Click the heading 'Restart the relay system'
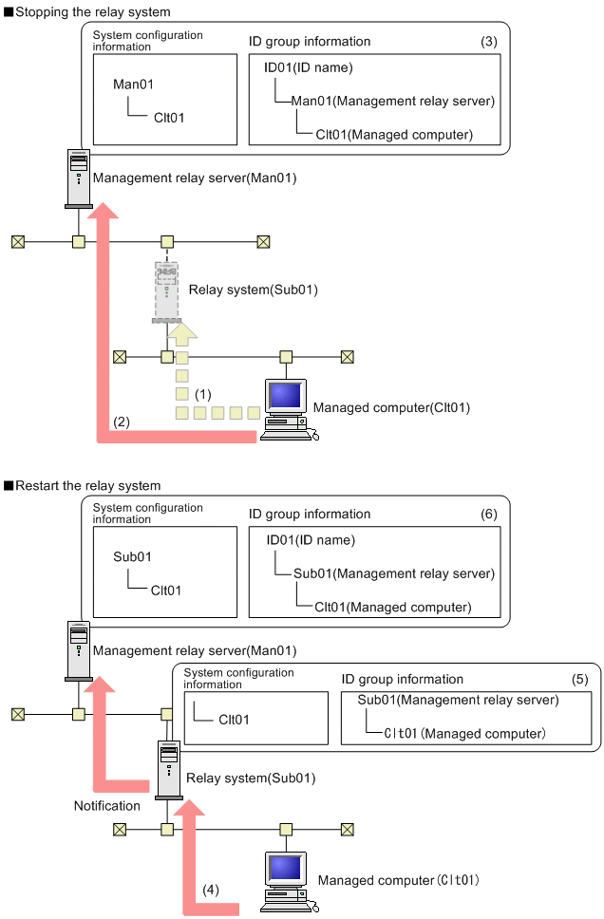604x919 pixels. [86, 486]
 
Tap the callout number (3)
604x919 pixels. [488, 42]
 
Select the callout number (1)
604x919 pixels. [202, 392]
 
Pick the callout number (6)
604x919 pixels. [488, 514]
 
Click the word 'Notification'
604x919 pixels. [107, 805]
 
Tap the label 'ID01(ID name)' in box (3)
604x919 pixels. [309, 67]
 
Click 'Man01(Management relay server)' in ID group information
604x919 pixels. [392, 101]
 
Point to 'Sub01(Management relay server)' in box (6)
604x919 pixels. [394, 573]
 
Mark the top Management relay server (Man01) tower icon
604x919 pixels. [79, 178]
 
